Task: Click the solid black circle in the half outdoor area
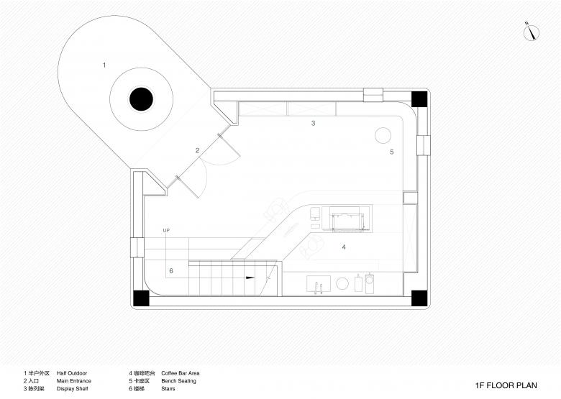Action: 141,99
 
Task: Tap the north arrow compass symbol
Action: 532,32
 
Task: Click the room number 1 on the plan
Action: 104,65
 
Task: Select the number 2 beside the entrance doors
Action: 197,150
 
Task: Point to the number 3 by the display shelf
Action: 313,124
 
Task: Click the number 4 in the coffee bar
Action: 344,247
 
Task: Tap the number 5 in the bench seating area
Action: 392,152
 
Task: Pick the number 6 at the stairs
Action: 171,271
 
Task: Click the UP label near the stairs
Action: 166,231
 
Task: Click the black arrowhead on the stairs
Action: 250,278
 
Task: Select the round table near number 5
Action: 383,135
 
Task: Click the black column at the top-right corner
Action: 419,99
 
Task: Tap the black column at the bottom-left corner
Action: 141,298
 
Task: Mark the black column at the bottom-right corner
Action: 419,298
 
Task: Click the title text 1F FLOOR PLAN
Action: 506,385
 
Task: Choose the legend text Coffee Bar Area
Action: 181,373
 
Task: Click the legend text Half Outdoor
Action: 72,373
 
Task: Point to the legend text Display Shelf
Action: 72,389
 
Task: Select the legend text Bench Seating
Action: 178,381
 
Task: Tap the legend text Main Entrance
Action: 73,381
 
